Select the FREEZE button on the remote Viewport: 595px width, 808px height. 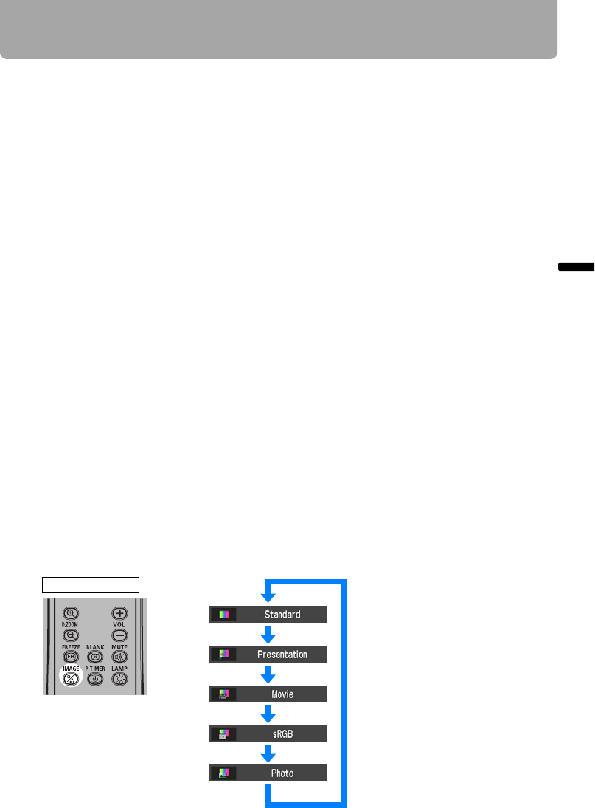point(72,657)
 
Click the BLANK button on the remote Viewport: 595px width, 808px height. point(95,657)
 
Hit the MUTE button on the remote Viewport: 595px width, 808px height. point(119,657)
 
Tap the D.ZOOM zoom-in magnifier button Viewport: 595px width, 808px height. point(72,612)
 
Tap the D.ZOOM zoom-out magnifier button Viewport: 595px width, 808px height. point(72,635)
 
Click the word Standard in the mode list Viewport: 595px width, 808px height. point(282,614)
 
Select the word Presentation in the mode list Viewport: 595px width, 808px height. point(282,654)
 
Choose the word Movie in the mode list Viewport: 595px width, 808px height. point(282,694)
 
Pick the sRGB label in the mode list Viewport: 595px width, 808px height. point(282,734)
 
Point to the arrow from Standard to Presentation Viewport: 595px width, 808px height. point(269,634)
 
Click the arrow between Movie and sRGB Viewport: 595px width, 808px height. point(269,714)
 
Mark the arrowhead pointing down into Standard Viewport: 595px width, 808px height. point(269,597)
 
